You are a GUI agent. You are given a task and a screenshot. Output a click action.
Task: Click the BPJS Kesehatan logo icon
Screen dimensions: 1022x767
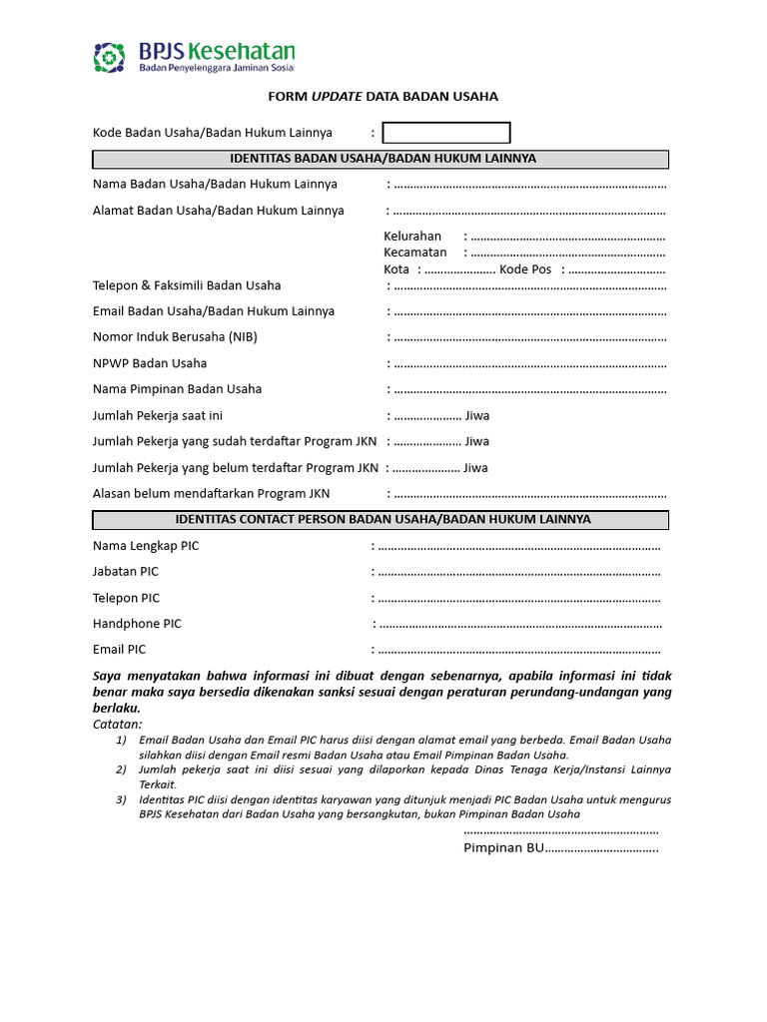tap(110, 57)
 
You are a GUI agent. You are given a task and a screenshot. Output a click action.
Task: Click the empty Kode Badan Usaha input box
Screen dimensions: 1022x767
tap(446, 133)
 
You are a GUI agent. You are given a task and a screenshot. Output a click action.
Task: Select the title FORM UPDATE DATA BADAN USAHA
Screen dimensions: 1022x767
tap(383, 97)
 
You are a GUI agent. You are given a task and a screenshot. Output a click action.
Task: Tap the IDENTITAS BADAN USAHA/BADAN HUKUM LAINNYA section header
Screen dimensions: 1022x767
tap(381, 159)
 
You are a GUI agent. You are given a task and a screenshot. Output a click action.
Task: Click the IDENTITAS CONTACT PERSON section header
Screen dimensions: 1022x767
tap(381, 520)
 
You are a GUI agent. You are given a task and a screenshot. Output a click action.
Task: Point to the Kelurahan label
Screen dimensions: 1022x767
tap(412, 237)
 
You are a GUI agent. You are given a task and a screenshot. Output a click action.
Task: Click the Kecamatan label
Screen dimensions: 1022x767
tap(415, 253)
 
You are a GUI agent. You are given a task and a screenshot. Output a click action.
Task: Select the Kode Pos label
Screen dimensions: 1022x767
tap(525, 269)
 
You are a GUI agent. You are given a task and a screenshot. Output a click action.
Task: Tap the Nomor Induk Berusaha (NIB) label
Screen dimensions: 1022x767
tap(175, 337)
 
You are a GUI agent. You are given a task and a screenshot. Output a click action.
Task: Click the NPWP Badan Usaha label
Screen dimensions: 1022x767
tap(150, 363)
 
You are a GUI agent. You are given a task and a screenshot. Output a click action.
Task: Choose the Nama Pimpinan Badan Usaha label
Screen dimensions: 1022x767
tap(178, 389)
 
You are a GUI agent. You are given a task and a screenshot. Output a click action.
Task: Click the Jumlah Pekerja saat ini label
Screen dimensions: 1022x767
tap(158, 415)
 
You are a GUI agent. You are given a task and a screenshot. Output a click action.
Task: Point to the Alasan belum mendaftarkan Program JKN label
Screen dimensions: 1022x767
tap(211, 493)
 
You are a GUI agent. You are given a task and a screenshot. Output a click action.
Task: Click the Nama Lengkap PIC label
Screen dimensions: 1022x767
tap(146, 546)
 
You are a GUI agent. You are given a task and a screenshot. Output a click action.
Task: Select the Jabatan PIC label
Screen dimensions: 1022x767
tap(126, 572)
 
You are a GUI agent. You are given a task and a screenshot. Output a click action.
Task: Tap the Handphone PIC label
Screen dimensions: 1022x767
tap(137, 624)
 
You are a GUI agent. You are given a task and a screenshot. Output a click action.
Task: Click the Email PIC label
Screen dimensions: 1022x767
tap(120, 650)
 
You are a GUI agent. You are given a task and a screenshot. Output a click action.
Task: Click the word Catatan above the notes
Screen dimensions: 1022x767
tap(117, 724)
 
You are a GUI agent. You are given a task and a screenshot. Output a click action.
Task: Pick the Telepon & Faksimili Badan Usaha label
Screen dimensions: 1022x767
tap(187, 285)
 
